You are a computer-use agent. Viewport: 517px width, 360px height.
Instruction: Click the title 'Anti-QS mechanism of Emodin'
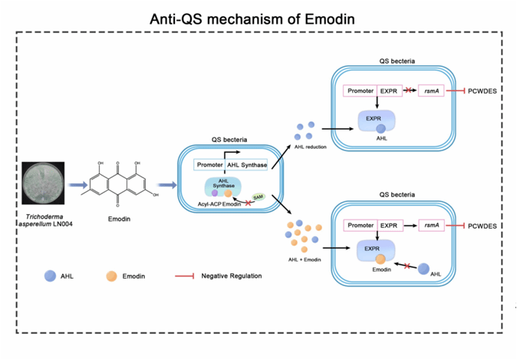pos(258,17)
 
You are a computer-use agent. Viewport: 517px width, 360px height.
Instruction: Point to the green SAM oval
pos(258,197)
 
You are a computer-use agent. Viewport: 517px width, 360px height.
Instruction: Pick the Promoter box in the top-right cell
pos(359,92)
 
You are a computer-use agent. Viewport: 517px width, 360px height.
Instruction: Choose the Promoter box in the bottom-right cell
pos(359,226)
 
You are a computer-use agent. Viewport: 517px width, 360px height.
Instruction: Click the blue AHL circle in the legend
pos(49,276)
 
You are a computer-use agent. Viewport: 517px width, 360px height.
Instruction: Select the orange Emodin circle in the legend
pos(110,276)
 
